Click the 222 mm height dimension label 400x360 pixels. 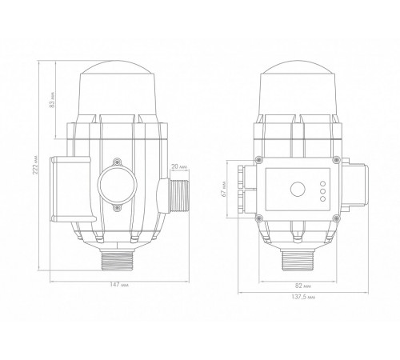click(x=35, y=165)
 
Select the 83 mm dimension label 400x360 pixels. click(x=52, y=101)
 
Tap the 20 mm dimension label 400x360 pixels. click(x=179, y=166)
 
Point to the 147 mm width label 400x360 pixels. click(x=119, y=285)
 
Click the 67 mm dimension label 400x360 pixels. click(x=225, y=189)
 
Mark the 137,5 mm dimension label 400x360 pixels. click(x=303, y=297)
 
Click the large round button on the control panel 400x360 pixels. click(x=298, y=190)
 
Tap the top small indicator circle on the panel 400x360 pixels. click(x=322, y=183)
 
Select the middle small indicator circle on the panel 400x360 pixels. click(x=322, y=191)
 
